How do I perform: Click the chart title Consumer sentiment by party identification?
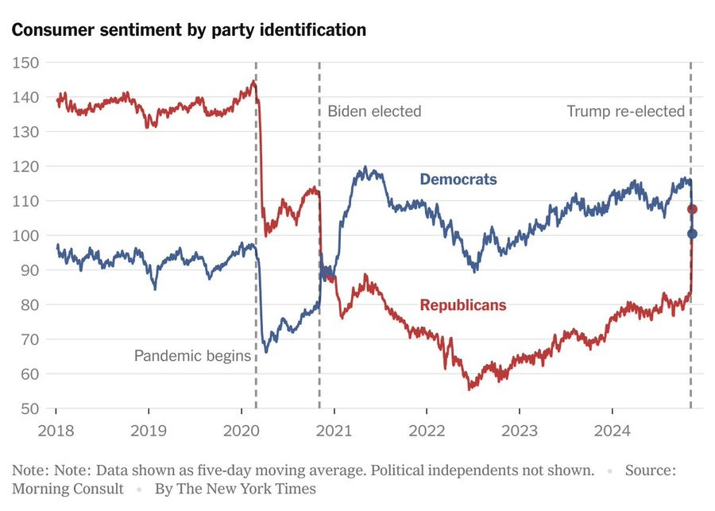tap(188, 30)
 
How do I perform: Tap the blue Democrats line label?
tap(458, 180)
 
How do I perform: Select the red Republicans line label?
tap(462, 305)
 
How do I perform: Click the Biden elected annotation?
tap(374, 111)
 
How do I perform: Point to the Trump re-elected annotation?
tap(625, 111)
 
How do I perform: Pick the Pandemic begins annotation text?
tap(192, 356)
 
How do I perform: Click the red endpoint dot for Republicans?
tap(692, 209)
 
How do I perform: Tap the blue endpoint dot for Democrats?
tap(692, 234)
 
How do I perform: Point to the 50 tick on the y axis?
tap(29, 408)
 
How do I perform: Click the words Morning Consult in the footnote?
tap(68, 489)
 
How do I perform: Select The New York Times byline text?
tap(235, 489)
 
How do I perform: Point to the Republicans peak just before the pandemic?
tap(253, 81)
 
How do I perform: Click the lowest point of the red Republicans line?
tap(470, 389)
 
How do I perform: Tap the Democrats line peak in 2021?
tap(365, 167)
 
